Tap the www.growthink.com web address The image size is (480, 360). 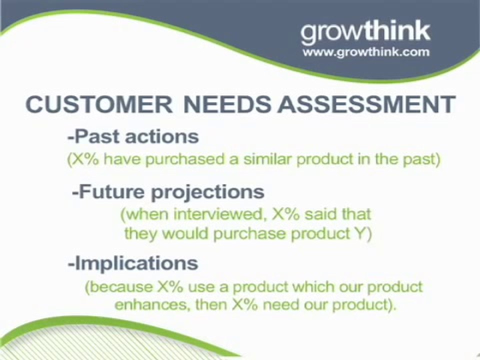point(366,51)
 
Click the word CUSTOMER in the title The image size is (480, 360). point(99,104)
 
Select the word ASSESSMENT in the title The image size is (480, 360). point(366,104)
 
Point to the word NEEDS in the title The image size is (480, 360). point(227,104)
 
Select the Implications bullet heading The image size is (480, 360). point(133,263)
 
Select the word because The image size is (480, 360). point(121,287)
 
